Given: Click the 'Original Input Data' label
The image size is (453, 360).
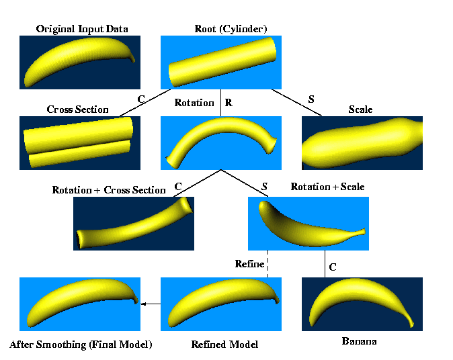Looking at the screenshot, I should click(x=82, y=29).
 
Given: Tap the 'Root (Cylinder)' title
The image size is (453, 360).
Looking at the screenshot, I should click(x=231, y=29).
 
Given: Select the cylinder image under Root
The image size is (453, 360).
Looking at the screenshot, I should click(x=220, y=62).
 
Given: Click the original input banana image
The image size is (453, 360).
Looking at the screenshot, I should click(x=80, y=62).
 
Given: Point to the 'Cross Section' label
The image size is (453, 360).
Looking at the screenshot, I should click(x=77, y=109).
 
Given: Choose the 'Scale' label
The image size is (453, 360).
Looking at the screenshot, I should click(x=360, y=109).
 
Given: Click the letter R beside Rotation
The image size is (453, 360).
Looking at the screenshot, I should click(x=229, y=103).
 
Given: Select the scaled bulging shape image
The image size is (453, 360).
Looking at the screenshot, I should click(x=362, y=142).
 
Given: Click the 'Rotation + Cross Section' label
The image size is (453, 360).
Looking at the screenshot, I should click(x=108, y=190).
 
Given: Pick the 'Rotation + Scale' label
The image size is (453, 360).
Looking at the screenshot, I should click(x=327, y=187).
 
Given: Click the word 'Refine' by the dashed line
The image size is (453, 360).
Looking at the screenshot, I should click(x=249, y=264).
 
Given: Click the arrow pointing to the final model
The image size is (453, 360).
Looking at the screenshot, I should click(x=153, y=304).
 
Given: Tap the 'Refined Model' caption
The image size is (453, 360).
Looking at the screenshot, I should click(x=224, y=345).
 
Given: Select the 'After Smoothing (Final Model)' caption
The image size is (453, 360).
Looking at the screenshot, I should click(x=81, y=345).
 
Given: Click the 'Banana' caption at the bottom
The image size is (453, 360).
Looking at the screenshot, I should click(x=358, y=342).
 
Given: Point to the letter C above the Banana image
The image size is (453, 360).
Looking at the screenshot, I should click(x=332, y=267).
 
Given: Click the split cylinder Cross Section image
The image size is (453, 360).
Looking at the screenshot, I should click(x=79, y=142).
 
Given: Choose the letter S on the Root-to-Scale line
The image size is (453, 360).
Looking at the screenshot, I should click(x=311, y=99).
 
